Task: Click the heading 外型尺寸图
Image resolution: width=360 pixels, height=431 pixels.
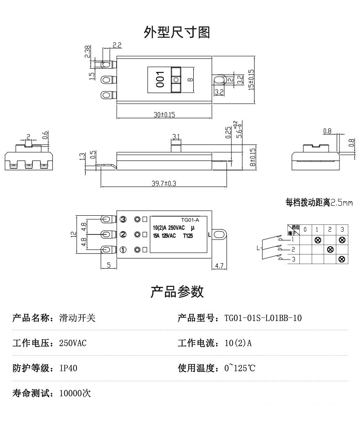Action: (x=177, y=32)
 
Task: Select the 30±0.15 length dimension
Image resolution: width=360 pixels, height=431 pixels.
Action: (x=164, y=115)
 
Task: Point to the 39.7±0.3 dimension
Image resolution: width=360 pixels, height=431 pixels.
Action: (x=164, y=183)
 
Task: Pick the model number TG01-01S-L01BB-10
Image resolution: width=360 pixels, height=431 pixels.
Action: (x=263, y=318)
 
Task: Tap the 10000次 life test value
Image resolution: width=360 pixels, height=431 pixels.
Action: (x=75, y=393)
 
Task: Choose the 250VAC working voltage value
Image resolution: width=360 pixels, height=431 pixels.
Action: (x=73, y=343)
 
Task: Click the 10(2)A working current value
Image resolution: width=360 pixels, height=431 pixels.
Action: (x=238, y=343)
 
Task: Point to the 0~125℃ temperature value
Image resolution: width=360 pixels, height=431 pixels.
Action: (x=240, y=368)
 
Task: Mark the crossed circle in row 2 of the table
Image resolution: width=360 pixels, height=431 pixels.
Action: (x=330, y=249)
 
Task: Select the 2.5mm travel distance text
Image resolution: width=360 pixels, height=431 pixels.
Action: (x=341, y=203)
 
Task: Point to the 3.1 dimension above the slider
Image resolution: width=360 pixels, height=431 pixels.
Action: (x=176, y=136)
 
